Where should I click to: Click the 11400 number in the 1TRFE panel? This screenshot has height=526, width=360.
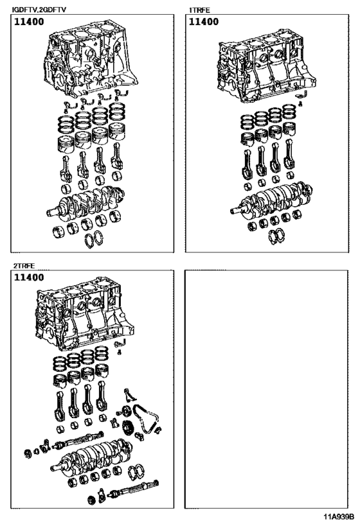204,22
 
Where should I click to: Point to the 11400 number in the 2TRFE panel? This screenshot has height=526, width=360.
30,278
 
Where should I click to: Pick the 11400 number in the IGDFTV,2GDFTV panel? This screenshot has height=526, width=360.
30,22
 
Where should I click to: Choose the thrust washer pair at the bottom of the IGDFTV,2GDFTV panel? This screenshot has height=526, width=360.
94,240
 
